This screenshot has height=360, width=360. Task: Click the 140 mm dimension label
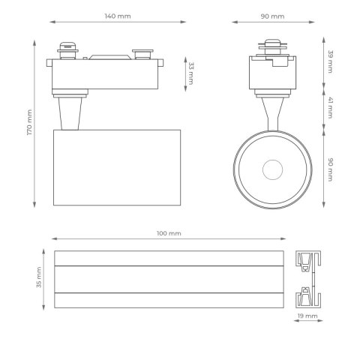118,16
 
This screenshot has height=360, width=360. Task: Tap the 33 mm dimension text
190,73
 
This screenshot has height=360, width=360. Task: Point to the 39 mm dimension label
330,61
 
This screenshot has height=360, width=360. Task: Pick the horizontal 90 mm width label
272,16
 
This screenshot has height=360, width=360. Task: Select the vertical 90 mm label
330,169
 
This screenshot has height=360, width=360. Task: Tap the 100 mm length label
169,233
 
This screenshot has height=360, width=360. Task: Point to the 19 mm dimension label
307,317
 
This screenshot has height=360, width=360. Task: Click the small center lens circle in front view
272,169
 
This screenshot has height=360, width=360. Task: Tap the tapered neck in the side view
70,112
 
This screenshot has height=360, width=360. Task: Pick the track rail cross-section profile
307,279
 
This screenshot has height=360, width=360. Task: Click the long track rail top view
169,279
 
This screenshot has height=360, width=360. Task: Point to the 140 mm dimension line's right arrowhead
184,23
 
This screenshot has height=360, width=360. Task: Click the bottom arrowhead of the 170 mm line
35,205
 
